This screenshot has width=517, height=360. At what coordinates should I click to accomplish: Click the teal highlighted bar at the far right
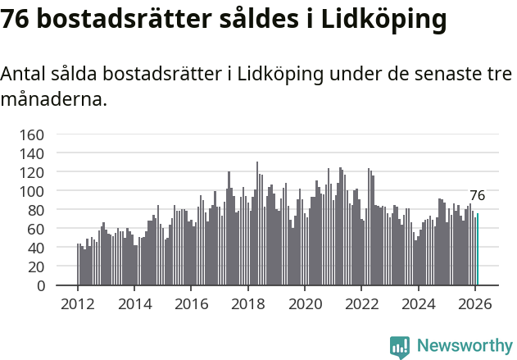pyautogui.click(x=478, y=250)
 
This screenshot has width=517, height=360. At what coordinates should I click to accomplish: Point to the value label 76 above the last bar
pyautogui.click(x=477, y=196)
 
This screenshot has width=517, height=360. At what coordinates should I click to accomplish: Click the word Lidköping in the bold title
pyautogui.click(x=383, y=19)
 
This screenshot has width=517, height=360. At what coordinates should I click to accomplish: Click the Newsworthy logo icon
pyautogui.click(x=400, y=347)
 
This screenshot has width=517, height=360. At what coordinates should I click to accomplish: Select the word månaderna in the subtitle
pyautogui.click(x=53, y=101)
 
